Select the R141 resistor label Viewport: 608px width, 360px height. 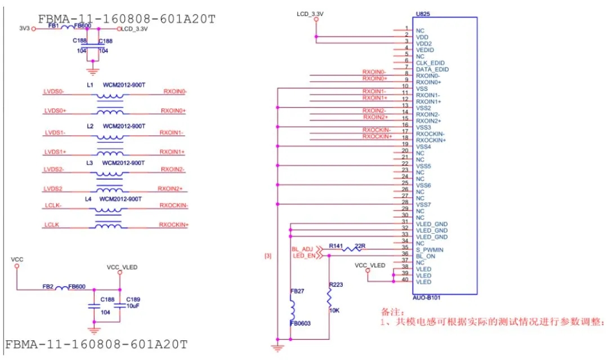336,246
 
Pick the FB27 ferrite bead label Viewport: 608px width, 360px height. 297,291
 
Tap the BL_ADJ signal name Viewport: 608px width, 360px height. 302,248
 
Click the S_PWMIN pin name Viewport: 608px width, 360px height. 430,250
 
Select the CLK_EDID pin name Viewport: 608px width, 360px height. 430,63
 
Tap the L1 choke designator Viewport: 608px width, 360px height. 90,85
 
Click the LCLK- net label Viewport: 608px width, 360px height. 53,206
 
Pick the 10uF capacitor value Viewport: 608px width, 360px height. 133,306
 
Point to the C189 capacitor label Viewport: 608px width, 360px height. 133,299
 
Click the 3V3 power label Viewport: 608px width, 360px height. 24,28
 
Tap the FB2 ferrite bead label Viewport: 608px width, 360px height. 47,287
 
